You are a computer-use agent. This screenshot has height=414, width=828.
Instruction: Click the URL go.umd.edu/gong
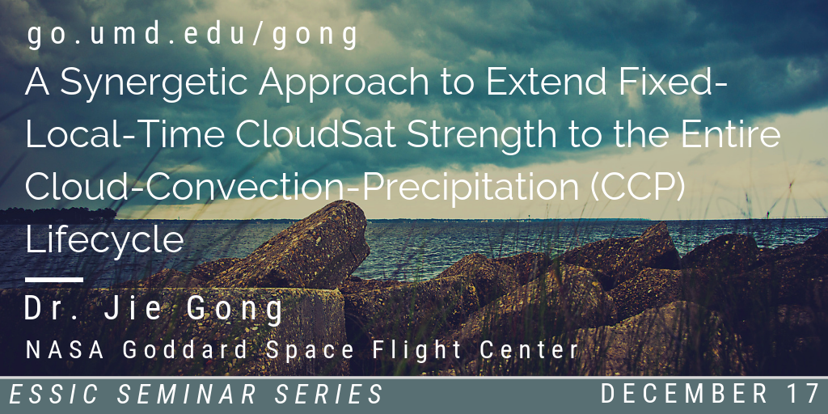[192, 36]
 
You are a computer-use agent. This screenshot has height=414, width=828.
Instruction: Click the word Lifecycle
[104, 239]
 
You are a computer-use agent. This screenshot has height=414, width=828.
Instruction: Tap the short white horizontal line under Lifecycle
[54, 279]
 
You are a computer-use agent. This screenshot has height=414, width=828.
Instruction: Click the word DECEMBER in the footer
[684, 394]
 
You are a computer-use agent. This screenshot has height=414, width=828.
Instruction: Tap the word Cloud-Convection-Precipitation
[302, 188]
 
